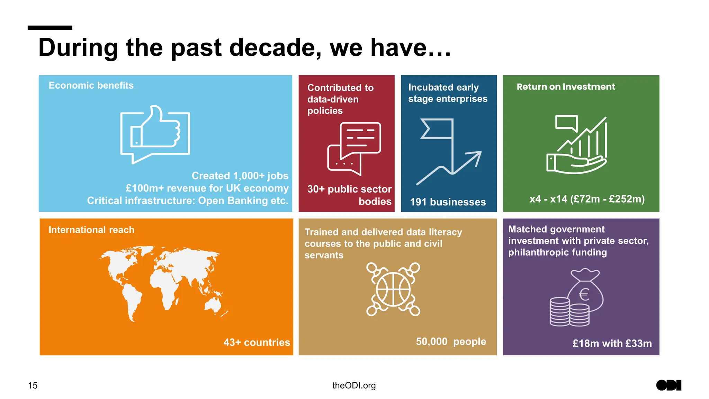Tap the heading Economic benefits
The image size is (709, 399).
91,86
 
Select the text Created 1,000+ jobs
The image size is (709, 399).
240,176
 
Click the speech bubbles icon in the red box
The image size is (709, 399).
354,148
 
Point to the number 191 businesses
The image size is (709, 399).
448,202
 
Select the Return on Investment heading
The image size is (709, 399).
566,87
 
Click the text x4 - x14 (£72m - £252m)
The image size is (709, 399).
587,199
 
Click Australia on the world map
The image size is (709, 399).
213,305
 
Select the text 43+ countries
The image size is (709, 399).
257,343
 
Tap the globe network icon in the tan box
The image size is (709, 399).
393,289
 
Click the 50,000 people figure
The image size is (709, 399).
451,342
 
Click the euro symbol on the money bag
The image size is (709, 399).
584,295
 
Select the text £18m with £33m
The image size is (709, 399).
612,344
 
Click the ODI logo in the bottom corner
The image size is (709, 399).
668,385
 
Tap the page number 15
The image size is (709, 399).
33,385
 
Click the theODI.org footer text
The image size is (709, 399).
354,385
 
